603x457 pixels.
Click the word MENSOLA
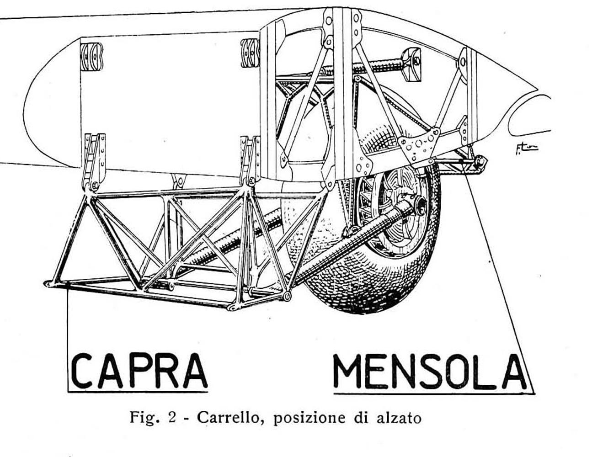[x=430, y=372]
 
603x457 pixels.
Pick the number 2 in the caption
[x=172, y=418]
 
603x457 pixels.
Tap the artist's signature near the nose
[x=526, y=149]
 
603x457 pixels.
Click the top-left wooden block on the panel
[x=91, y=57]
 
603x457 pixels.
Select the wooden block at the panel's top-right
[x=250, y=53]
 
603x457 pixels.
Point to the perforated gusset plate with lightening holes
[x=419, y=146]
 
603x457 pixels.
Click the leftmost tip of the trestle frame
[x=44, y=284]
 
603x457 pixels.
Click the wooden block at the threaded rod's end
[x=411, y=64]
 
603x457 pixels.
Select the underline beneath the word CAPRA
[x=138, y=392]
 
